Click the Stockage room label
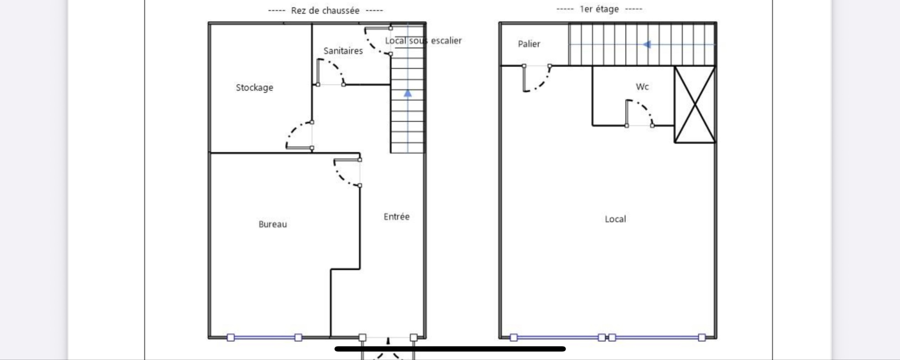click(254, 87)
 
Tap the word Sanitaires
click(343, 51)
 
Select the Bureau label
click(272, 224)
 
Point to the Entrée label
click(396, 216)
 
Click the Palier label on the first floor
click(529, 44)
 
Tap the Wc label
click(642, 87)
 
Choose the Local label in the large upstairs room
click(615, 219)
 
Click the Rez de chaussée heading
click(325, 11)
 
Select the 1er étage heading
click(599, 9)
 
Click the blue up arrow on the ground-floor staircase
click(408, 93)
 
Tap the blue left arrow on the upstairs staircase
click(647, 44)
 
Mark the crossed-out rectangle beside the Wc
click(695, 105)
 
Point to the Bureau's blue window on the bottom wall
click(265, 338)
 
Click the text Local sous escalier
click(423, 41)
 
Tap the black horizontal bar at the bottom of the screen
click(450, 349)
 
